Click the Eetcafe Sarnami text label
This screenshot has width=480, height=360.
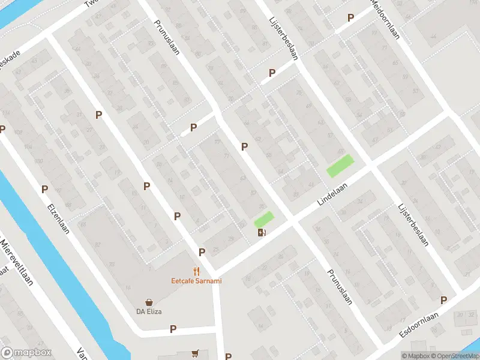(196, 280)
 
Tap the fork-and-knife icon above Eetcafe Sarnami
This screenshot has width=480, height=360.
(196, 271)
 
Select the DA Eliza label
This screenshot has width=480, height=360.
(149, 311)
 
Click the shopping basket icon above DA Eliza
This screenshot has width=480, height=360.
(149, 302)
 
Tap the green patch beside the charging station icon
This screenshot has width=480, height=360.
(264, 219)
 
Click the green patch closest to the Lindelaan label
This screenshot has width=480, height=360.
(340, 165)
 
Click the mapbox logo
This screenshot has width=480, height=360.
(26, 353)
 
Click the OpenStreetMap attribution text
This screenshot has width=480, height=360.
(454, 356)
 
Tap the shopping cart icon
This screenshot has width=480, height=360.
(195, 353)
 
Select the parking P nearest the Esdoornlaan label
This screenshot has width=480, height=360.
(444, 300)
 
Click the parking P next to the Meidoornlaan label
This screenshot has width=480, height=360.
(350, 18)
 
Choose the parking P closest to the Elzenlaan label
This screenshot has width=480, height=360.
(44, 189)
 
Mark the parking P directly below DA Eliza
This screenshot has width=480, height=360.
(173, 329)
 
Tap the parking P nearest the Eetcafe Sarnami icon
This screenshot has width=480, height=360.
(202, 252)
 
